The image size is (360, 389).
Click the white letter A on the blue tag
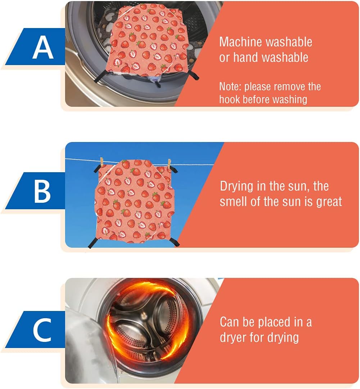pyautogui.click(x=43, y=47)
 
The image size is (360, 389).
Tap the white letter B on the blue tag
pyautogui.click(x=42, y=191)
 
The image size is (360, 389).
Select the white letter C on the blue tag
pyautogui.click(x=42, y=330)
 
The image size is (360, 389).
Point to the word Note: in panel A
pyautogui.click(x=230, y=87)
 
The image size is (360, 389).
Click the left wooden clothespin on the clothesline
pyautogui.click(x=101, y=162)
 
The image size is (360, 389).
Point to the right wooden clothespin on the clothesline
pyautogui.click(x=169, y=164)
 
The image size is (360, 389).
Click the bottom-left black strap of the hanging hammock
pyautogui.click(x=94, y=242)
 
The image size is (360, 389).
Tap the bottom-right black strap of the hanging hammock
pyautogui.click(x=174, y=242)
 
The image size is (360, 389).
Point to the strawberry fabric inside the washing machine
pyautogui.click(x=147, y=40)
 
